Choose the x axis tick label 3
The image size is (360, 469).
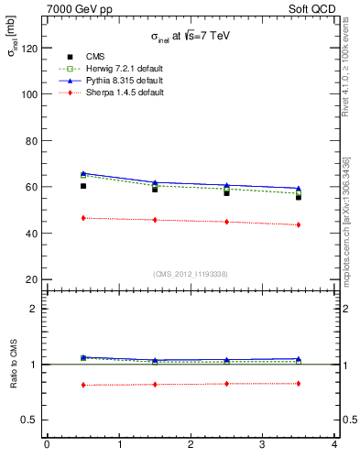[x=262, y=446]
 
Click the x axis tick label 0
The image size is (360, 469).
[x=47, y=446]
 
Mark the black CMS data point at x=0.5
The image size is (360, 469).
[x=82, y=186]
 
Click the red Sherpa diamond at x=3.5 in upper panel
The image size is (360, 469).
[x=299, y=224]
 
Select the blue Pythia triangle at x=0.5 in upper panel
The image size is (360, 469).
[x=82, y=173]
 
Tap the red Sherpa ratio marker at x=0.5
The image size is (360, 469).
[x=82, y=385]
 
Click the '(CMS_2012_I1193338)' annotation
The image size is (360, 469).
[x=191, y=274]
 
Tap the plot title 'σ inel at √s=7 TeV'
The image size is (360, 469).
[x=191, y=37]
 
